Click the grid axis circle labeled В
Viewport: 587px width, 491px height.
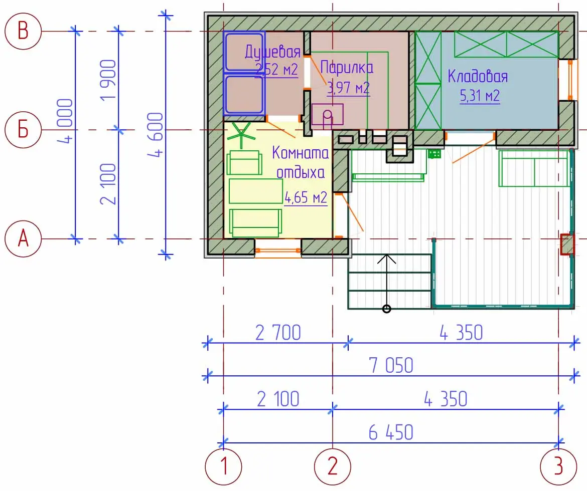coord(23,31)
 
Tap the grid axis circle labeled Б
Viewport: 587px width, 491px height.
coord(23,130)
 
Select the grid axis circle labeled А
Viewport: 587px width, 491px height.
coord(23,238)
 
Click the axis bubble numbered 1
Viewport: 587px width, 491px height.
coord(223,466)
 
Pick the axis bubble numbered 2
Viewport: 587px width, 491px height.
coord(333,466)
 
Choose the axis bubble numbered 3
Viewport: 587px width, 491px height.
coord(558,466)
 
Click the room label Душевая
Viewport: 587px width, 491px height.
coord(272,52)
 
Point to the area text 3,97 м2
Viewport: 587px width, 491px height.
coord(349,88)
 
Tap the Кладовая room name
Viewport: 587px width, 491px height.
coord(478,76)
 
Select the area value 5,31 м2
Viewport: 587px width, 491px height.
coord(480,96)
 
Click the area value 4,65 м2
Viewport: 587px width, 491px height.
coord(306,197)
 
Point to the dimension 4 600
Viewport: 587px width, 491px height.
coord(156,135)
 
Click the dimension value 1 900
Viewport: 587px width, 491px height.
coord(108,80)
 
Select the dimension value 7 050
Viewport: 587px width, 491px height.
coord(391,365)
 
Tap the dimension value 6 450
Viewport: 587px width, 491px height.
coord(391,433)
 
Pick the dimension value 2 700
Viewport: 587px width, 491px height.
coord(278,333)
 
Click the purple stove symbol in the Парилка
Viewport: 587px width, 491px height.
coord(327,114)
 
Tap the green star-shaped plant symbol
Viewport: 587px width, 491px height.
coord(241,135)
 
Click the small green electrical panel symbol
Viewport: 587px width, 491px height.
coord(434,154)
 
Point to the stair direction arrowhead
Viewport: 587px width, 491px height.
coord(386,258)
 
